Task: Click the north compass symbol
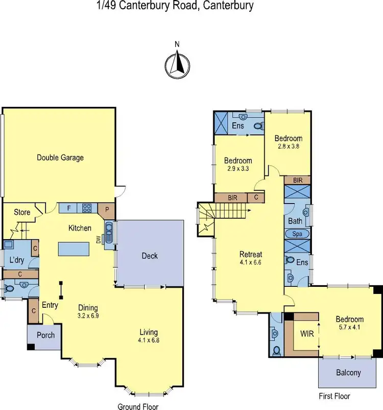[x=177, y=65]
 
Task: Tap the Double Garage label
[x=60, y=157]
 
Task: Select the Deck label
[x=150, y=256]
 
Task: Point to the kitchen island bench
[x=77, y=249]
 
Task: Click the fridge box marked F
[x=68, y=208]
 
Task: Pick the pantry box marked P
[x=107, y=209]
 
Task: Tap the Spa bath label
[x=297, y=234]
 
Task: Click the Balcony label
[x=348, y=372]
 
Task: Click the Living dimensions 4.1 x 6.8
[x=148, y=340]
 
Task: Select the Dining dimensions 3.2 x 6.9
[x=88, y=316]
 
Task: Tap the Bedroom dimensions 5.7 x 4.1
[x=350, y=328]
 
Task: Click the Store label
[x=22, y=212]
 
